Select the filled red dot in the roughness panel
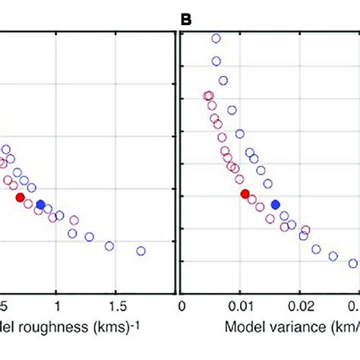[x=21, y=197]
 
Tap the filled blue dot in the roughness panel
[x=40, y=204]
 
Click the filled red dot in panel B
[x=245, y=194]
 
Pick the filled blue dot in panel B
[x=276, y=204]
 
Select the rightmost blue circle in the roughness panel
[x=141, y=251]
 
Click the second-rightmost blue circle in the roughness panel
[x=109, y=245]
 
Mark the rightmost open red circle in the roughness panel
[x=74, y=220]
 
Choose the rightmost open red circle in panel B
[x=305, y=229]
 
